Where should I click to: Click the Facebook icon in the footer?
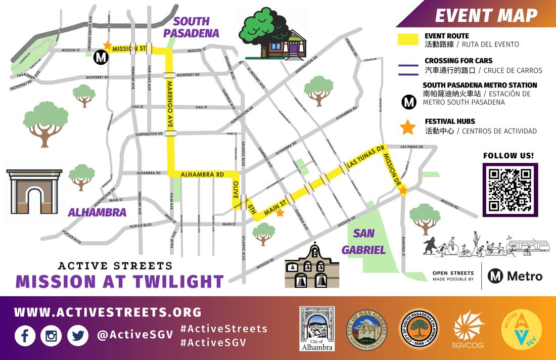25,336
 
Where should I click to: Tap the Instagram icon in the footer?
51,336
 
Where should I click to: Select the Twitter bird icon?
77,336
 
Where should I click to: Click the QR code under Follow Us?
509,190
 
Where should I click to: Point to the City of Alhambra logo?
316,329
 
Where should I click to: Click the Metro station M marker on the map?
101,58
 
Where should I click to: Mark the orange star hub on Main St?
280,213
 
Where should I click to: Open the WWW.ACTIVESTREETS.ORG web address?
108,312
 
